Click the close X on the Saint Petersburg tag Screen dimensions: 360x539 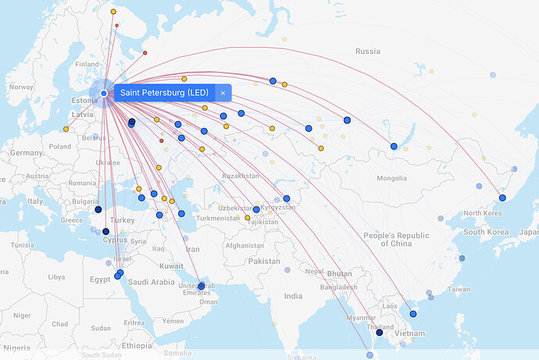click(223, 93)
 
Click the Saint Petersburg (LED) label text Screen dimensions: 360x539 click(164, 93)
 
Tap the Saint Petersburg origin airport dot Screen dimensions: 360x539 click(104, 94)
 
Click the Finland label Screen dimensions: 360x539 click(87, 64)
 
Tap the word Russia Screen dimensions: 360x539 click(367, 52)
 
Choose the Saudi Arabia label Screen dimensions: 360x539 click(152, 282)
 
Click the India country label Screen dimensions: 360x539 click(293, 296)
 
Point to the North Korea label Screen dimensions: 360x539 click(483, 213)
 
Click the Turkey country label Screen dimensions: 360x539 click(123, 220)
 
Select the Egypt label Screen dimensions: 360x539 click(101, 279)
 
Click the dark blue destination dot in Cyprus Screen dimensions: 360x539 click(106, 231)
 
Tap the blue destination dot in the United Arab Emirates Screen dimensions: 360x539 click(202, 286)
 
